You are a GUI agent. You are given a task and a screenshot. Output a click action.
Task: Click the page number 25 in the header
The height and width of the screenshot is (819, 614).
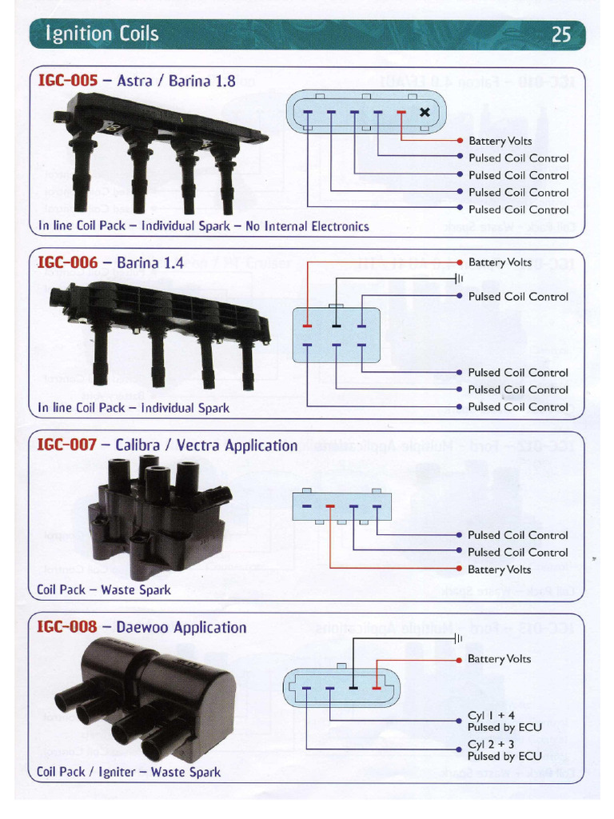pos(561,34)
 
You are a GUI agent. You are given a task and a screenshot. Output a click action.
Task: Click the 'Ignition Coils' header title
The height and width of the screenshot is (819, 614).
pos(102,34)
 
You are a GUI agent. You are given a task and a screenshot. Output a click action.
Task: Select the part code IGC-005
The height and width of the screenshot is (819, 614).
pos(67,81)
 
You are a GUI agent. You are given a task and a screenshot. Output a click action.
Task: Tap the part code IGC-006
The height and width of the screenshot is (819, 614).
pos(67,262)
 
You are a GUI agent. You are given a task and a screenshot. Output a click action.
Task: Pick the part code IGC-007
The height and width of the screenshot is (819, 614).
pos(67,445)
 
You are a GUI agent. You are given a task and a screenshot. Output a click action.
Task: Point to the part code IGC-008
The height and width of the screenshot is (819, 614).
pos(67,627)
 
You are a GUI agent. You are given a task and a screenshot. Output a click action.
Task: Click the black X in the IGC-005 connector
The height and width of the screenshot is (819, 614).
pos(425,113)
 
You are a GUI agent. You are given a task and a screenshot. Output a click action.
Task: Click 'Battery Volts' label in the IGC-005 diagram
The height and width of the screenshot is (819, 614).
pos(500,141)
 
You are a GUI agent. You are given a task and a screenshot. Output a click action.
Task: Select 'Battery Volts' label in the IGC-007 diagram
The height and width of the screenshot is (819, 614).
pos(500,569)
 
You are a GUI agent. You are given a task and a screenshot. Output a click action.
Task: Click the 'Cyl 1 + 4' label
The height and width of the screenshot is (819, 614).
pos(491,716)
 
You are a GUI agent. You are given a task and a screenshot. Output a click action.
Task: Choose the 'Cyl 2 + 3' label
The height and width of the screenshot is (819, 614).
pos(491,745)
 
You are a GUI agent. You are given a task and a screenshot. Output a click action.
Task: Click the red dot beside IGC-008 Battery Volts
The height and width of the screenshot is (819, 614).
pos(460,659)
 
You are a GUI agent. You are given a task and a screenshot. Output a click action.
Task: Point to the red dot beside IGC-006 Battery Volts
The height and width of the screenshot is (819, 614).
pos(460,262)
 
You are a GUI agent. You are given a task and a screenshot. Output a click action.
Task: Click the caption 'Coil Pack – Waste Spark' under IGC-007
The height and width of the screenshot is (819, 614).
pos(104,590)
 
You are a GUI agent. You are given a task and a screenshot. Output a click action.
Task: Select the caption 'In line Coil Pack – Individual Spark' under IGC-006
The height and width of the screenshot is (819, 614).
pos(134,408)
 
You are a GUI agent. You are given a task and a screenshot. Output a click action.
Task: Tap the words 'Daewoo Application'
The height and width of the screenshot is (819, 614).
pos(181,627)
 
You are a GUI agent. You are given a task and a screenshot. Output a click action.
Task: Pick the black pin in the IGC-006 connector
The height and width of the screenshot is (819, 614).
pos(335,326)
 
